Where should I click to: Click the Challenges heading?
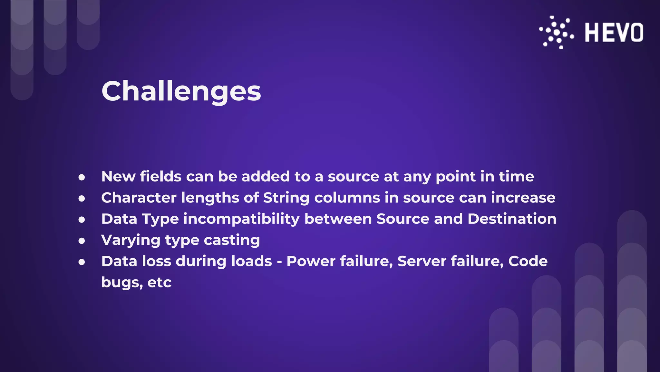[x=181, y=91]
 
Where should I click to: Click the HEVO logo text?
[x=614, y=33]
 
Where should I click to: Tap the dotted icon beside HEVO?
[x=557, y=32]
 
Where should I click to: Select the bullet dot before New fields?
[x=82, y=177]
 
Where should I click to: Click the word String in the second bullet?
[x=286, y=198]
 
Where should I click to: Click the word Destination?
[x=512, y=219]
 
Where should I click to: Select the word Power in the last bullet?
[x=311, y=261]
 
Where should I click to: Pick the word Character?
[x=139, y=198]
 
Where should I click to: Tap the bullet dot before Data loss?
[x=82, y=262]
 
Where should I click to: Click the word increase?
[x=523, y=198]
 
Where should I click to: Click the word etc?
[x=159, y=283]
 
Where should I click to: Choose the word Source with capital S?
[x=403, y=219]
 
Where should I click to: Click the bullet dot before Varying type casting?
[x=82, y=241]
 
